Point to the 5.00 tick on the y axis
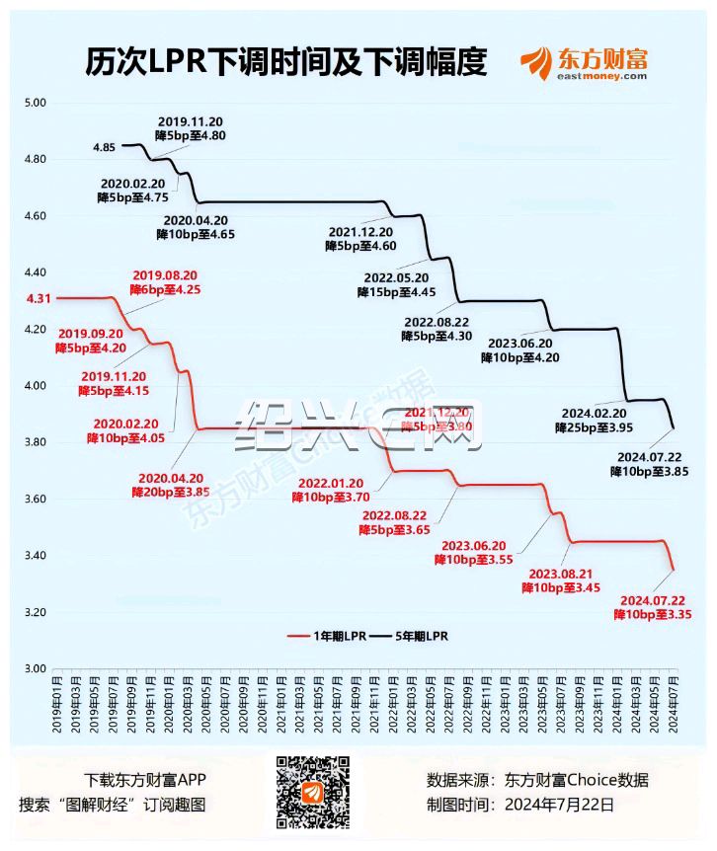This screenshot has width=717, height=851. pyautogui.click(x=36, y=103)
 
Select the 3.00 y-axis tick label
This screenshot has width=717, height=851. pyautogui.click(x=36, y=668)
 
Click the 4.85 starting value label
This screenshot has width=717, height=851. pyautogui.click(x=105, y=147)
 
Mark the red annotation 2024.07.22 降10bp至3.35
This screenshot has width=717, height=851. pyautogui.click(x=652, y=607)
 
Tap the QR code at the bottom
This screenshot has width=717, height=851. pyautogui.click(x=311, y=792)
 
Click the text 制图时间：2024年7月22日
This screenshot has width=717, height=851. pyautogui.click(x=519, y=805)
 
